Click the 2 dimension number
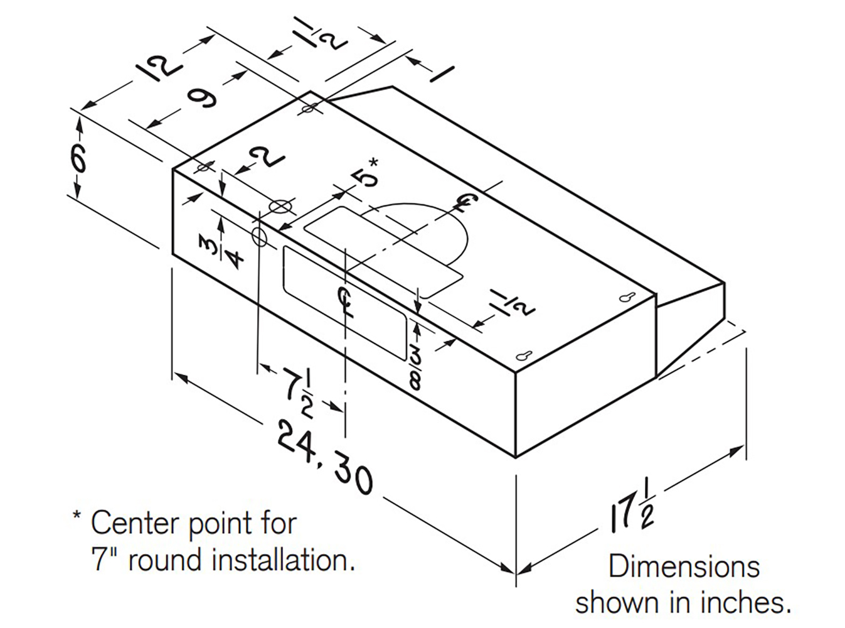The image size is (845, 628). [268, 157]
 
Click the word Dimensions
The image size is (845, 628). [683, 567]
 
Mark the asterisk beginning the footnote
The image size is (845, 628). [77, 517]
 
